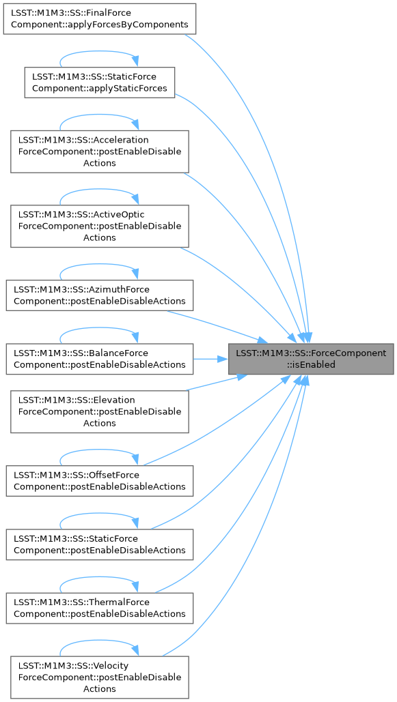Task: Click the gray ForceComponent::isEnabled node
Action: (311, 359)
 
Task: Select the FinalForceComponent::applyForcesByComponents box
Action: (100, 19)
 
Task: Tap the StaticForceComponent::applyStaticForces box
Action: (100, 83)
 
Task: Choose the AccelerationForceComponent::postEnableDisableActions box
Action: (100, 151)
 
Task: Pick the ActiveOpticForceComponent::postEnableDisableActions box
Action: (100, 226)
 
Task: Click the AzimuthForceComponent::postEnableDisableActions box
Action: (100, 295)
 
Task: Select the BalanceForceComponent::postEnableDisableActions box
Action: (100, 359)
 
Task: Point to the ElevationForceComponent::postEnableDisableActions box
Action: (100, 411)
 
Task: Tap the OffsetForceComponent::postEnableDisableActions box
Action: (100, 480)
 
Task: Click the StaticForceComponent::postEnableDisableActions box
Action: (100, 544)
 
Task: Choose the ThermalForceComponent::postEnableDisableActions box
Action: (100, 608)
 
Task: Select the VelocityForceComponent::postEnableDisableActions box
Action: (100, 677)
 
